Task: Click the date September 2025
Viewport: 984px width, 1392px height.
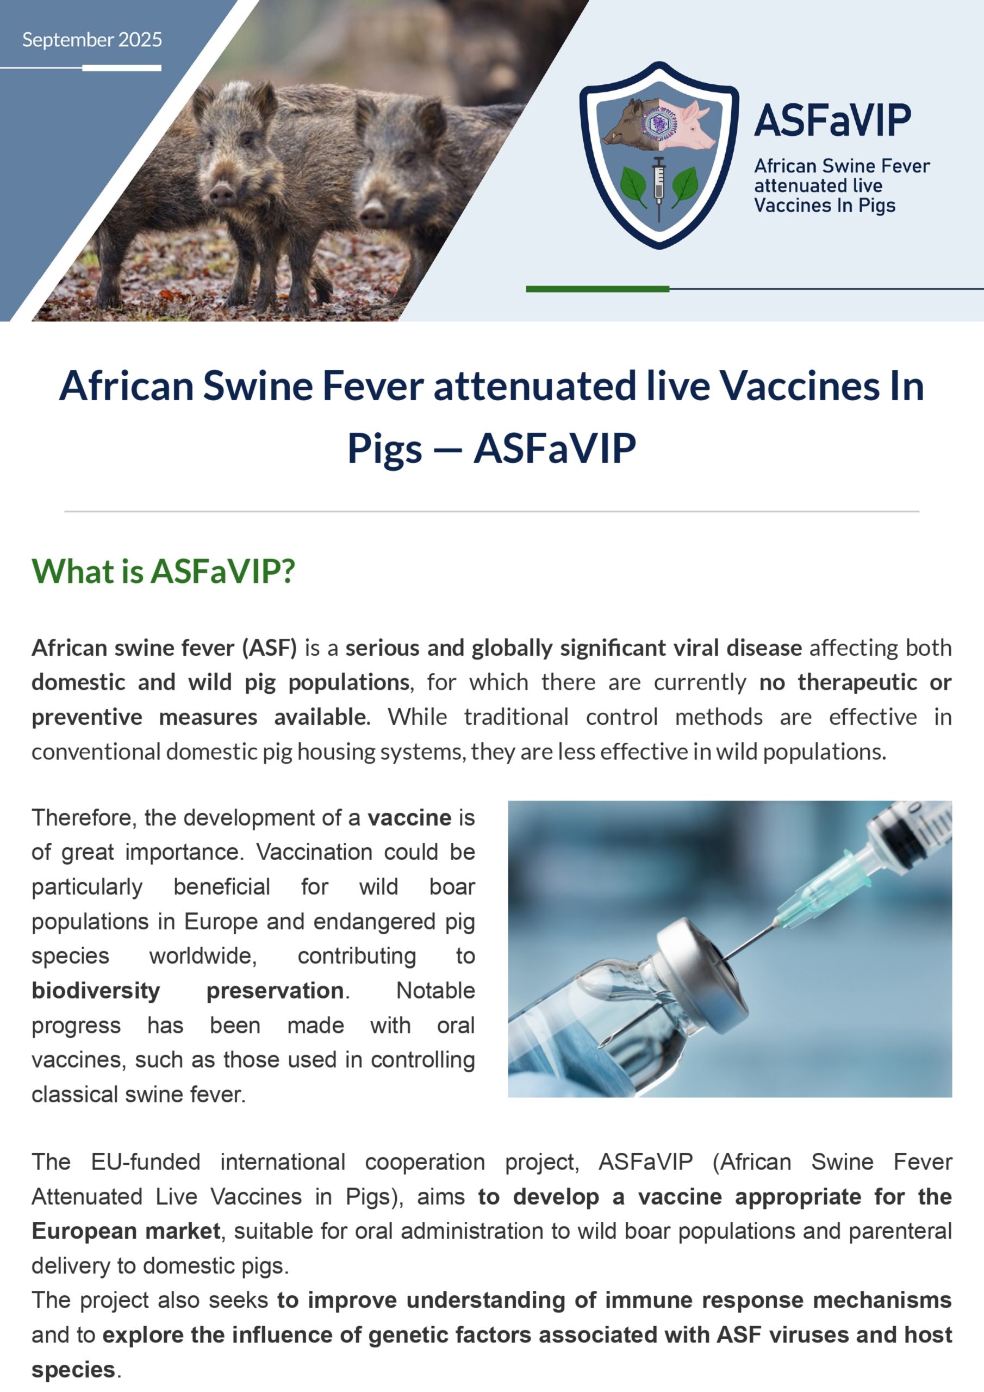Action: (92, 40)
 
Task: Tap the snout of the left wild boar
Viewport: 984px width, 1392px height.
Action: (222, 194)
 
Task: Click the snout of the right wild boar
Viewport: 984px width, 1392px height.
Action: (372, 215)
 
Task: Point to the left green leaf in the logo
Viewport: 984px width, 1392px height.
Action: (633, 184)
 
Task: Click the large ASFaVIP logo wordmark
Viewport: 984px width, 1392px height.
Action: (832, 120)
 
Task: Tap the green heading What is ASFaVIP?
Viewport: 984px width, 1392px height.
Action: (163, 571)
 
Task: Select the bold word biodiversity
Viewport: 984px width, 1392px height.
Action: (96, 991)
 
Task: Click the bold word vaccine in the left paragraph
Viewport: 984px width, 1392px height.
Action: (409, 818)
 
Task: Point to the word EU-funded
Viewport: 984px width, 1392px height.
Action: (146, 1162)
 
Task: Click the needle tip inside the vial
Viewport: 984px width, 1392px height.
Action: (606, 1042)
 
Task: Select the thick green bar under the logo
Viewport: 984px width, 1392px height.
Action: (597, 289)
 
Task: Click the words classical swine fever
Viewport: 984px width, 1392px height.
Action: (138, 1095)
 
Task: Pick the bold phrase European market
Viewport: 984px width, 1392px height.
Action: (126, 1232)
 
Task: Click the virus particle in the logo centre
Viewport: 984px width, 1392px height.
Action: (659, 125)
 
